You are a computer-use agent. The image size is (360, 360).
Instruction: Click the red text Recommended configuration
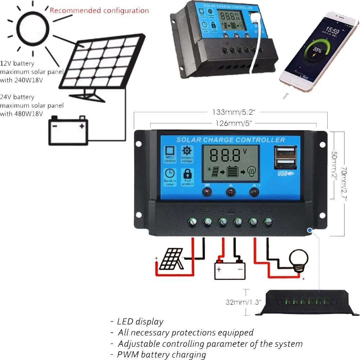tap(99, 10)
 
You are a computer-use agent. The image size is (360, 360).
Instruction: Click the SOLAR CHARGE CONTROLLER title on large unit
tap(231, 140)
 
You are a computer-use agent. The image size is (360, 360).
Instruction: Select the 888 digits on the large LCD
tap(225, 155)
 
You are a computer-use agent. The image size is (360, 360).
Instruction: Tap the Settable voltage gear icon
tap(187, 151)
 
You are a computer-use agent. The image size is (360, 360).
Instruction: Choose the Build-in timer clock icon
tap(170, 174)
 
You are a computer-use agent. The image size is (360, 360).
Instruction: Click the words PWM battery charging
tap(161, 355)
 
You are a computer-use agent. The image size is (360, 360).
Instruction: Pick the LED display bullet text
tap(140, 322)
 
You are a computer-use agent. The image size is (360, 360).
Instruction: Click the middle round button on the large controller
tap(231, 192)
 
